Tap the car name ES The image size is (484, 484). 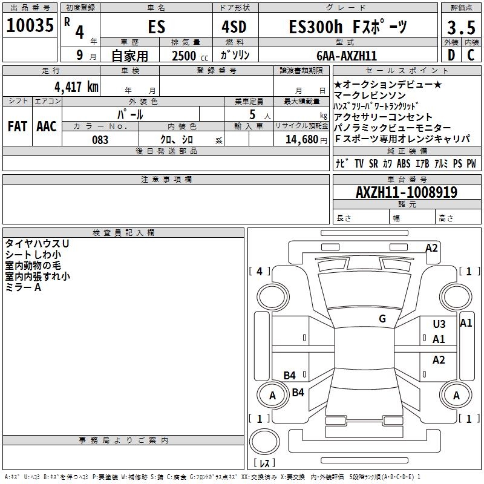pyautogui.click(x=155, y=27)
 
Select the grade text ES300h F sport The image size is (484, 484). pyautogui.click(x=347, y=27)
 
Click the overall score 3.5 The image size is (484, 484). pyautogui.click(x=460, y=27)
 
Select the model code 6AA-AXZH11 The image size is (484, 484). pyautogui.click(x=347, y=56)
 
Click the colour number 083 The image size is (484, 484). pyautogui.click(x=100, y=140)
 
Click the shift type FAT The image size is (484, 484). pyautogui.click(x=18, y=126)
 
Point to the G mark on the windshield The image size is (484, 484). pyautogui.click(x=382, y=319)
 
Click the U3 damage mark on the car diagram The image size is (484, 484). pyautogui.click(x=439, y=324)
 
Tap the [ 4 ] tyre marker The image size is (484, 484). pyautogui.click(x=260, y=272)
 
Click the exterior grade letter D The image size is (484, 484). pyautogui.click(x=451, y=56)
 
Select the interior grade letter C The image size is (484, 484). pyautogui.click(x=471, y=56)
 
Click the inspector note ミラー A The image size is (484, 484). pyautogui.click(x=24, y=287)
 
